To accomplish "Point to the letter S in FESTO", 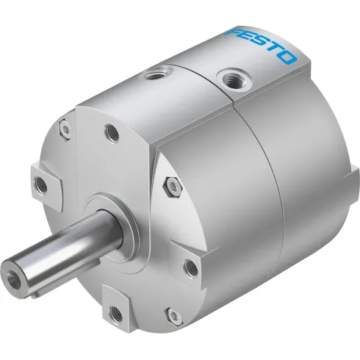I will point(262,46).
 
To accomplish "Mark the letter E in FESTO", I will point(251,40).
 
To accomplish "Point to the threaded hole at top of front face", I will point(110,133).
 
